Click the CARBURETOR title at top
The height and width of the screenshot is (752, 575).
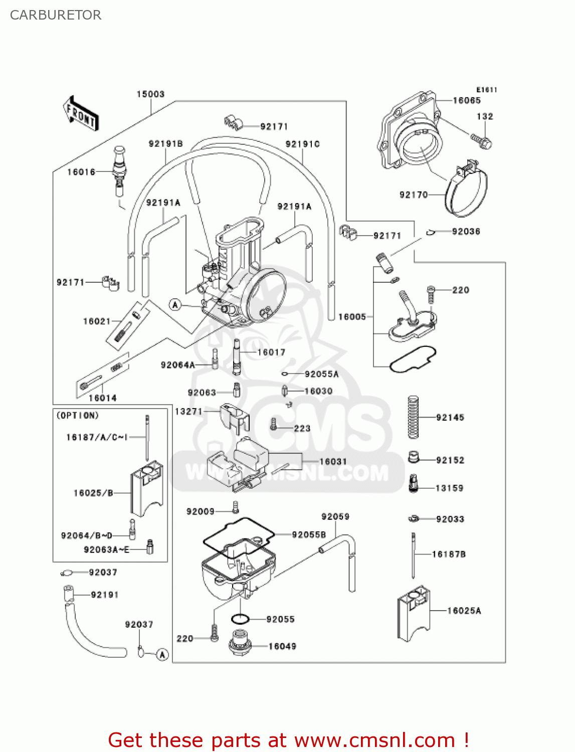[56, 15]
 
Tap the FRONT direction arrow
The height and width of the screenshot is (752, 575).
[81, 114]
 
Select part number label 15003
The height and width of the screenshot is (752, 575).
[150, 94]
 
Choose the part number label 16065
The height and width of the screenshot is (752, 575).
[467, 101]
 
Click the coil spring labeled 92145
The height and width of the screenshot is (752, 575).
[413, 417]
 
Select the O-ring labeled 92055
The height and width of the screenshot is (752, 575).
[240, 620]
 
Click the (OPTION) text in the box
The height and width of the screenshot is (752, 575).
[78, 416]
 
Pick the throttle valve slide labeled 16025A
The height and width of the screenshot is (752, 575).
[414, 613]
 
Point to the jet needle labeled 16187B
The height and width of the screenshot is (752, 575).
[414, 555]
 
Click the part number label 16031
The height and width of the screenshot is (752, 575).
[333, 462]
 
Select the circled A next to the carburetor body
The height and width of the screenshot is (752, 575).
[175, 305]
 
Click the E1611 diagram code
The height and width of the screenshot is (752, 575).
[486, 90]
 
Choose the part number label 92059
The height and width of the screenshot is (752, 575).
[335, 517]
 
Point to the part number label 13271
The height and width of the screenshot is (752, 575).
[188, 412]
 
